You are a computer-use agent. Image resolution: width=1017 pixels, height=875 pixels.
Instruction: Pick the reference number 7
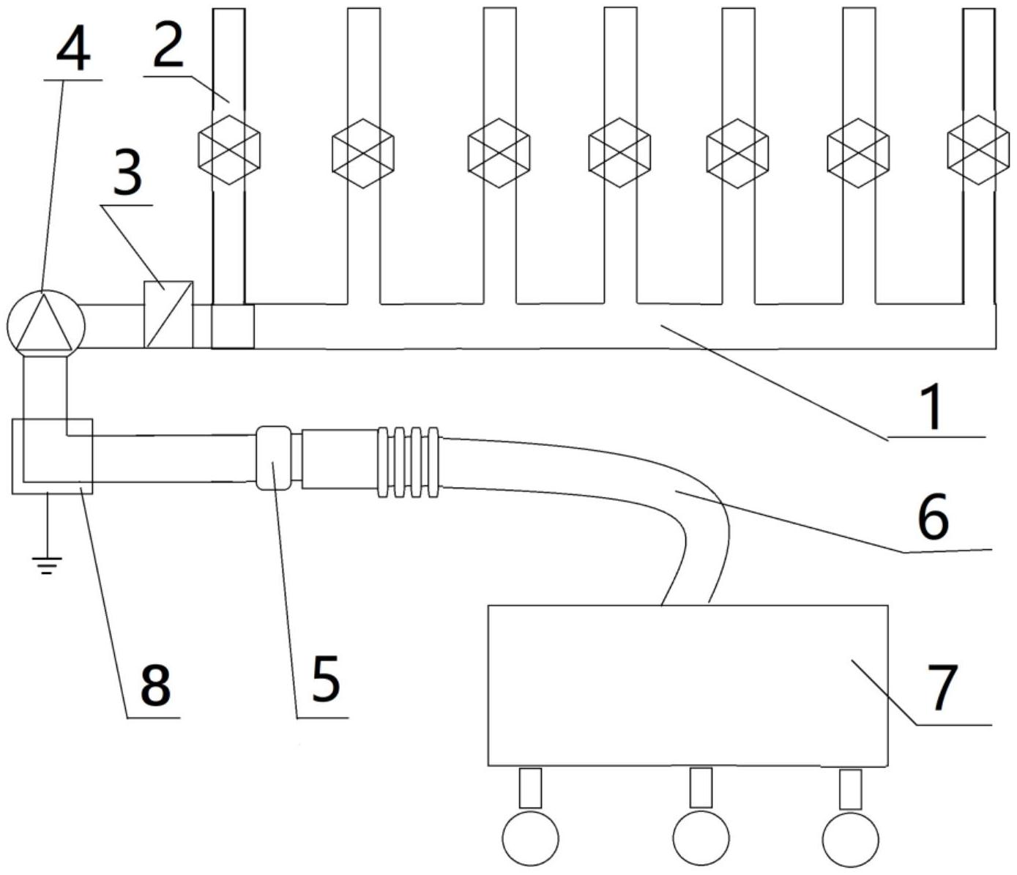[x=943, y=688]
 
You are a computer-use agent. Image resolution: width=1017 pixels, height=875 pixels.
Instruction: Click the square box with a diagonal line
[x=168, y=314]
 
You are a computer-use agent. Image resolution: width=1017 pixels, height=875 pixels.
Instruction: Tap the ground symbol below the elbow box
[x=47, y=562]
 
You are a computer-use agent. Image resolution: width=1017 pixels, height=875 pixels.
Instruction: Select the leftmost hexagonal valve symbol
[x=229, y=150]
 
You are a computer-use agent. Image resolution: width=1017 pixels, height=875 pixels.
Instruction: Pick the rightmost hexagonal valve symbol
[x=977, y=150]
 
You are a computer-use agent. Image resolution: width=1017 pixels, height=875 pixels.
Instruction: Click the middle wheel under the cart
[x=701, y=837]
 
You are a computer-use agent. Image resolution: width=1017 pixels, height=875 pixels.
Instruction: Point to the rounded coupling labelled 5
[x=272, y=458]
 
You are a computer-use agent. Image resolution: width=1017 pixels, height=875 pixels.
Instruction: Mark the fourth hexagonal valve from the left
[x=619, y=150]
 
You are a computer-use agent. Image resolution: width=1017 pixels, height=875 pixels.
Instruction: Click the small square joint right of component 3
[x=233, y=326]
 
